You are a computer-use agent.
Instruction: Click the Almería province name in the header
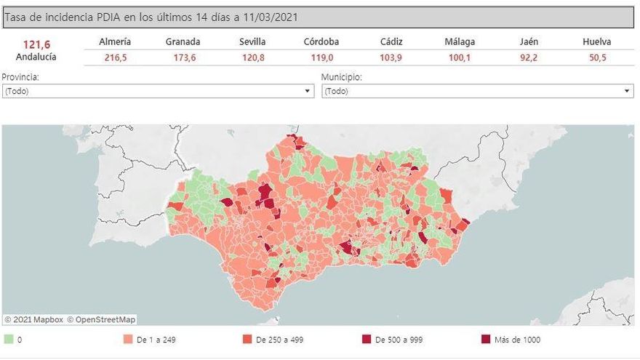point(115,41)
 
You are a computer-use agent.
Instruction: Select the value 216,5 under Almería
point(115,57)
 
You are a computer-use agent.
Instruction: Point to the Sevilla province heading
point(252,41)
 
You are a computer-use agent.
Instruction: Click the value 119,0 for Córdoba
point(321,57)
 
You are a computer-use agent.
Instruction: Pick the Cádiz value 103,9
point(391,57)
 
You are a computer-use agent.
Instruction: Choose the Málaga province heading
point(460,41)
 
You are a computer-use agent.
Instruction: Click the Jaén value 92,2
point(529,57)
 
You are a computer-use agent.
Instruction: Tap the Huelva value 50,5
point(597,57)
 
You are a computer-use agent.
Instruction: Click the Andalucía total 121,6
point(36,44)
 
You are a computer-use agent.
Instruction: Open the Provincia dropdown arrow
point(308,92)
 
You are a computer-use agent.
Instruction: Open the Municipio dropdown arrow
point(628,92)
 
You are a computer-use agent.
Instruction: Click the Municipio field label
point(341,76)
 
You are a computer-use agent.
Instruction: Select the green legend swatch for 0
point(8,340)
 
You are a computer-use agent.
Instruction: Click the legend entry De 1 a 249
point(156,340)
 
